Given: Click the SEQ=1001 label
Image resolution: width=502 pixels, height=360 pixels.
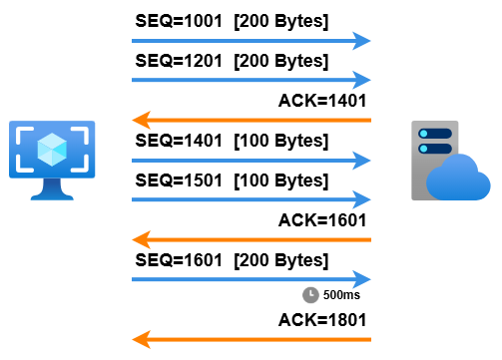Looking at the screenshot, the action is tap(179, 21).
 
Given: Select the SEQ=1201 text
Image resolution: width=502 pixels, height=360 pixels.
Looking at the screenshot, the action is tap(179, 61).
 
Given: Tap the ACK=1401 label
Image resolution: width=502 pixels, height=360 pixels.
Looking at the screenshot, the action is tap(322, 101).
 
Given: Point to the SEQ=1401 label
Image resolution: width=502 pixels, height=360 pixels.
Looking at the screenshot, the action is tap(179, 141).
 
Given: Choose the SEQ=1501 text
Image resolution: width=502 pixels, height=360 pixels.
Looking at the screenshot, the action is tap(179, 180).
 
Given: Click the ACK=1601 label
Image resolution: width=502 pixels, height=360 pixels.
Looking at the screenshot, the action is tap(322, 220).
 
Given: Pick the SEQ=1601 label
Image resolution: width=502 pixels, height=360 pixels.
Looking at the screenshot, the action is tap(179, 260).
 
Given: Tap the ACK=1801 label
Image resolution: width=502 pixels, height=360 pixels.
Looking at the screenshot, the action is tap(322, 320).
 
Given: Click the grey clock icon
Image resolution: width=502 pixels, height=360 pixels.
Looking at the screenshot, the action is tap(310, 295).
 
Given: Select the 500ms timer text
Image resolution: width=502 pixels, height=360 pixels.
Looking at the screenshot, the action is tap(341, 295).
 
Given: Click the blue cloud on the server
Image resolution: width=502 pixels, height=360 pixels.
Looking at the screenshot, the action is tap(458, 178).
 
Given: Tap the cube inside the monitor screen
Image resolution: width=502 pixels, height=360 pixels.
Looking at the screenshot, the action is tap(52, 150).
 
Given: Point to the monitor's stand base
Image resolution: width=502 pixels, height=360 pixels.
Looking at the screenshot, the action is tap(52, 196).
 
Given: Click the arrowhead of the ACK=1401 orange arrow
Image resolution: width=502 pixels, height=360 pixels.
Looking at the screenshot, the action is tap(142, 120).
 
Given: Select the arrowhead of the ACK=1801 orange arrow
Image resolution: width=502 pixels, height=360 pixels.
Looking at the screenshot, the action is tap(142, 339).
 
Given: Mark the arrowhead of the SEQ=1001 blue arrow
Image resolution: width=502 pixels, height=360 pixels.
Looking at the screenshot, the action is tap(361, 41).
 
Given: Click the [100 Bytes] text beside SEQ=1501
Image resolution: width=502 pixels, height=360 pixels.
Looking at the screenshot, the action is tap(281, 181).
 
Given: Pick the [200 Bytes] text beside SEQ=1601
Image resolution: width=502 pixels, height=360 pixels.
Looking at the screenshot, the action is tap(281, 261).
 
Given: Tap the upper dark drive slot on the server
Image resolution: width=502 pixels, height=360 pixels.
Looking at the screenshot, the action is tap(435, 134).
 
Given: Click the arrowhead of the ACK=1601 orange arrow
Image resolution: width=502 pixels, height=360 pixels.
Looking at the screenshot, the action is tap(142, 239).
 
